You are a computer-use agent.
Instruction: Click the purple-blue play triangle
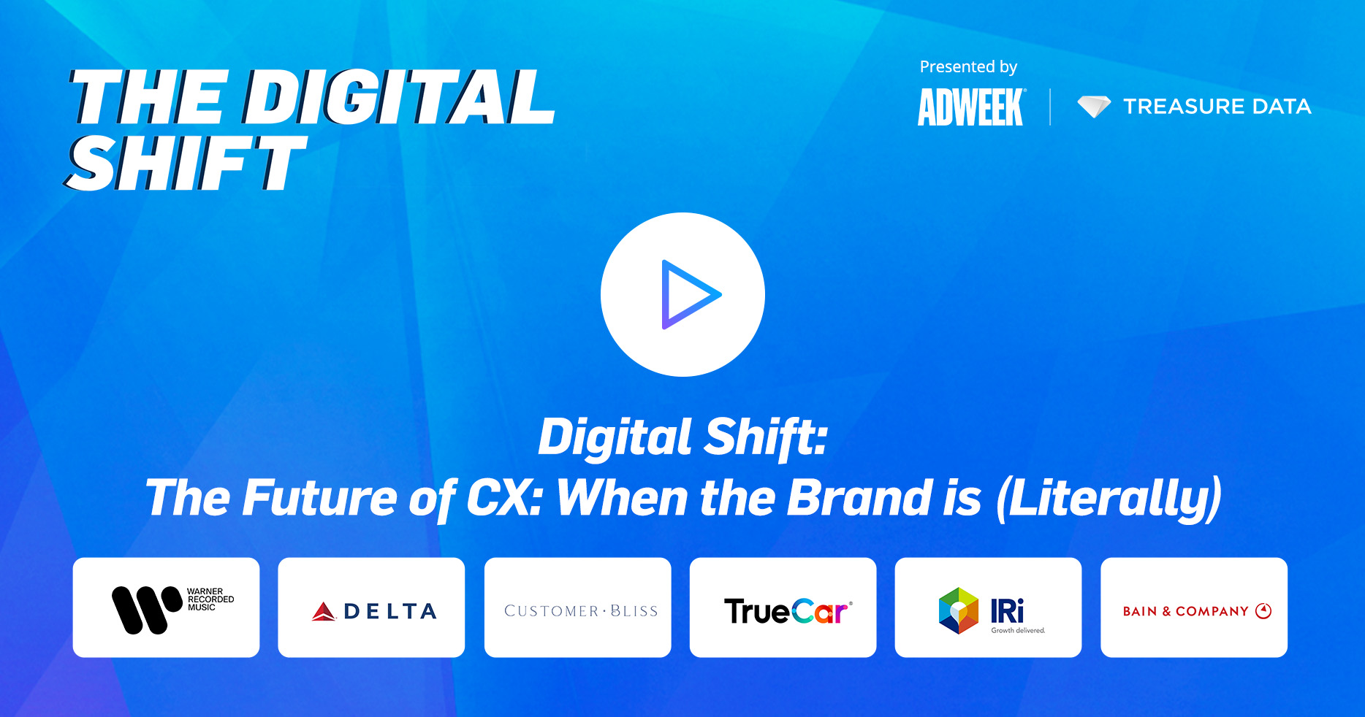687,295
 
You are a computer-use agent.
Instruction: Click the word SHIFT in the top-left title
186,164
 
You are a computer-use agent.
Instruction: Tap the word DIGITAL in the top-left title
399,97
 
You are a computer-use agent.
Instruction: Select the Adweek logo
972,107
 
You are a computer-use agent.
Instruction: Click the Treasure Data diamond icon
1094,107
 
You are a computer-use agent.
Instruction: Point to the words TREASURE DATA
1217,107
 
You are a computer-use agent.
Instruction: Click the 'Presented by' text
968,67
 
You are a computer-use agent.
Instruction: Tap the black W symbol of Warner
146,610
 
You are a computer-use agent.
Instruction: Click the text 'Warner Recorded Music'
210,599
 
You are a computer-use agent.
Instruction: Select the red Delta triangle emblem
324,612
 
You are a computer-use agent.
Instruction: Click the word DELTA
390,612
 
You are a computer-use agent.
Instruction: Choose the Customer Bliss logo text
581,611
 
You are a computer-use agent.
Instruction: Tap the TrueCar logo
788,611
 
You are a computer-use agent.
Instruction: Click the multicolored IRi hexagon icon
958,610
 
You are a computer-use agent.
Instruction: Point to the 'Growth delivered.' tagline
1018,630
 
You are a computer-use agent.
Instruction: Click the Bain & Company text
1185,611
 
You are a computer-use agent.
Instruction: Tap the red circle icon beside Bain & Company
1263,611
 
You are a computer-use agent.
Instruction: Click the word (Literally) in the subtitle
1109,499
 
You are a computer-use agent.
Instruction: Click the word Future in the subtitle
319,498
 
